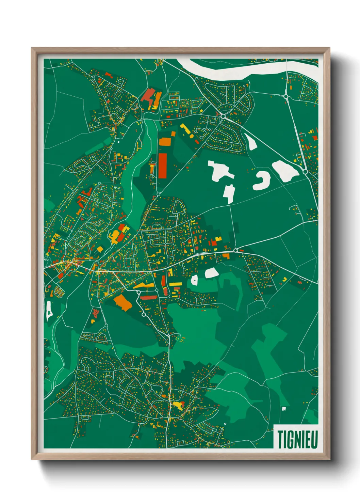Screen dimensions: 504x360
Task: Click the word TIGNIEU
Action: (297, 439)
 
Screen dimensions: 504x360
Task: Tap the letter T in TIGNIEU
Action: (281, 439)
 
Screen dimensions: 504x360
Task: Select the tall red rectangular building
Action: (163, 165)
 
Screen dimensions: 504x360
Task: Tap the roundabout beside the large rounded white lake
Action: (305, 172)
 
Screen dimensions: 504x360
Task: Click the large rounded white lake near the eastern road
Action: (285, 170)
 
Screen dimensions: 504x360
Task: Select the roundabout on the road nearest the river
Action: (286, 97)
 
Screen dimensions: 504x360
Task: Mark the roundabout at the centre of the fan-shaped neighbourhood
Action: (223, 116)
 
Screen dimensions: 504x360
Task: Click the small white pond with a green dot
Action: (194, 280)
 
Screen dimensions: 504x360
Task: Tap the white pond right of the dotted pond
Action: (211, 273)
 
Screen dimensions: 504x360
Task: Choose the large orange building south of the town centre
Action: (123, 302)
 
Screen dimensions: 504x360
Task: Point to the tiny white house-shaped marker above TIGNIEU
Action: (283, 408)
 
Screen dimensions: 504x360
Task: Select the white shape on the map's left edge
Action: (48, 312)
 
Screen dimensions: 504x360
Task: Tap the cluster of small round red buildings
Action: (96, 313)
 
